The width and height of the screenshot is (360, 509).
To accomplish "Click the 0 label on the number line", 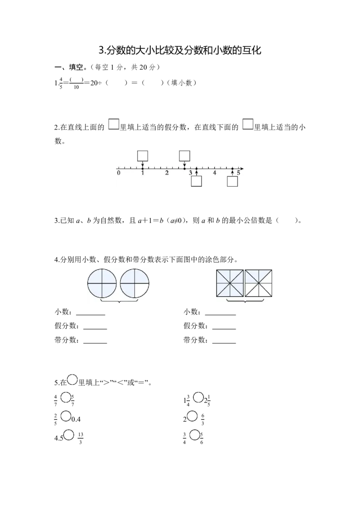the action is [119, 173].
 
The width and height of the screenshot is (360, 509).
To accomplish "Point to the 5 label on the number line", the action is [238, 173].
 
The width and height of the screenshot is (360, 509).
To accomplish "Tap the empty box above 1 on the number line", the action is [143, 156].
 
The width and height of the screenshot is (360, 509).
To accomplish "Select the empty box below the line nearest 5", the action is [232, 181].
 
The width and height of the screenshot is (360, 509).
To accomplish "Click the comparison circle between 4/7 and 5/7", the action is [66, 397].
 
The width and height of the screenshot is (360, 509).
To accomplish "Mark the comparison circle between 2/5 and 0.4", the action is [66, 416].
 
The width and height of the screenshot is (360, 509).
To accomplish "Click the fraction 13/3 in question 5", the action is [81, 438].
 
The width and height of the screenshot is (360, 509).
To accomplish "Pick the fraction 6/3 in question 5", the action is [202, 420].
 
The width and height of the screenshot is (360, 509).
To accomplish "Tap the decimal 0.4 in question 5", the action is [76, 420].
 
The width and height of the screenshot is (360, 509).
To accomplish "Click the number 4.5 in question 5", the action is [59, 438].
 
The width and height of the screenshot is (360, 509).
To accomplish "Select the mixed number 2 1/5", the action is [207, 401].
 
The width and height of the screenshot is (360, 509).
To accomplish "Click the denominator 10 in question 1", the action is [76, 87].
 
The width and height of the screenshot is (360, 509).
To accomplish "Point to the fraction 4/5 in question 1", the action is [61, 83].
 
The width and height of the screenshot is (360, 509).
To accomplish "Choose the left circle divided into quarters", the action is [102, 283].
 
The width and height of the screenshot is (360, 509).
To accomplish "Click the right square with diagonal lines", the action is [258, 283].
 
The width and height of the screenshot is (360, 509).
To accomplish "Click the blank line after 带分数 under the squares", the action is [224, 343].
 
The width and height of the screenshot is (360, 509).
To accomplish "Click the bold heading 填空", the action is [76, 67].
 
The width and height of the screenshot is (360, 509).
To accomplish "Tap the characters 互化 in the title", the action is [252, 50].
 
